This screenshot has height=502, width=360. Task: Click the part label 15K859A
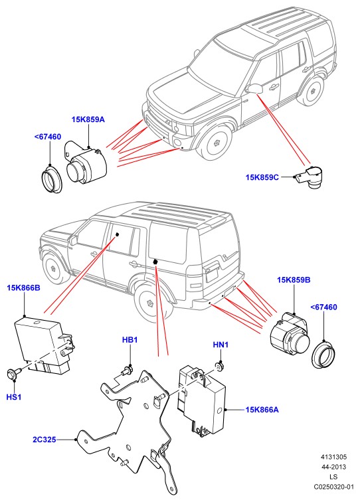point(88,120)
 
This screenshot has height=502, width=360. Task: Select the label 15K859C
point(262,177)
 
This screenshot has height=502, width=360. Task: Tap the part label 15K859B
point(294,280)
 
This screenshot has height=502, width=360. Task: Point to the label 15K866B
point(24,288)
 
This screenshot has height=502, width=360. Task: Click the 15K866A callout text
point(262,410)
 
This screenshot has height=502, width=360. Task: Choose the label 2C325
point(45,440)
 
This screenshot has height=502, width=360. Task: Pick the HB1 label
point(130,340)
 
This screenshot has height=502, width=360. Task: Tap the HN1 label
point(221,345)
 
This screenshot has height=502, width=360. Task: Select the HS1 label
point(14,397)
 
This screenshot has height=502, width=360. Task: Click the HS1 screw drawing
point(13,374)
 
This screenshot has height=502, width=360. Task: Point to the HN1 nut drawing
point(219,366)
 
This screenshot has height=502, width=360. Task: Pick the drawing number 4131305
point(334,457)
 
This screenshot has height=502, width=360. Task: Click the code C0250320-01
point(334,487)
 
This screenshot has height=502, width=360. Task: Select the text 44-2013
point(334,467)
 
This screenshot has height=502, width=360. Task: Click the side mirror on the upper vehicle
point(254,88)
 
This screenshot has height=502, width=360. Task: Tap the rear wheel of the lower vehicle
point(150,303)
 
